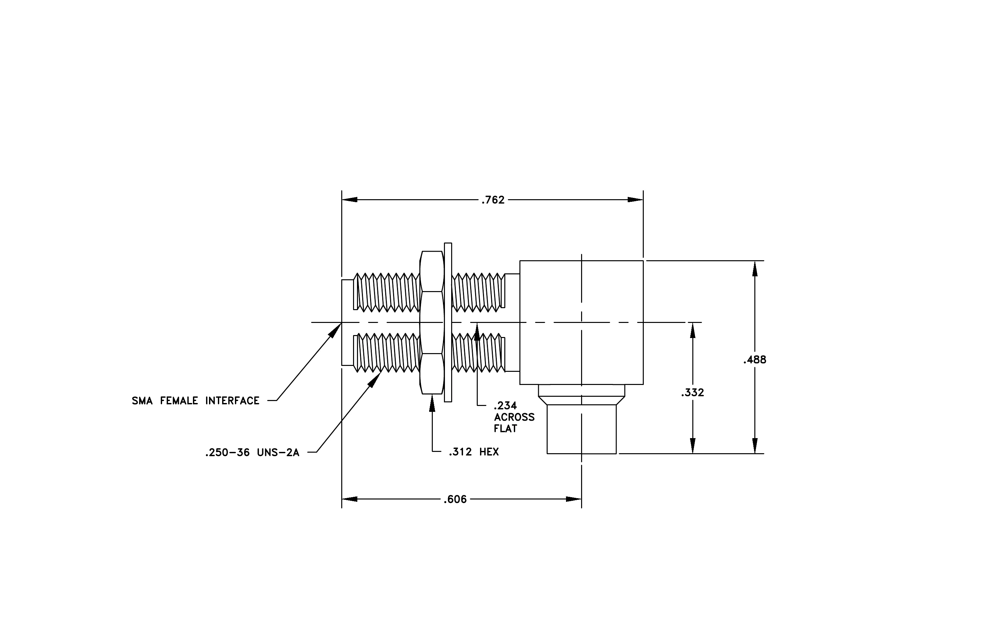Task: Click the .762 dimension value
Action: tap(493, 200)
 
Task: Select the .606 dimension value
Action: tap(455, 499)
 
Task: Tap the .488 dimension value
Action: tap(755, 360)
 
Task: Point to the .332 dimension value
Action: tap(693, 392)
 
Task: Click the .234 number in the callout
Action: tap(505, 406)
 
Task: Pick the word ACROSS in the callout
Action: tap(514, 417)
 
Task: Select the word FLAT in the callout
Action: tap(505, 429)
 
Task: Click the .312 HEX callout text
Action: tap(474, 452)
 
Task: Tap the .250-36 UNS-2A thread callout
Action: tap(252, 453)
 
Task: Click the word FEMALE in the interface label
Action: tap(179, 401)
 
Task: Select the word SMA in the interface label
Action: tap(142, 401)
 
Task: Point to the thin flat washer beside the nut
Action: tap(448, 322)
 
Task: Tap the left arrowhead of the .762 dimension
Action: tap(349, 200)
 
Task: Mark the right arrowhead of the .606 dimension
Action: tap(574, 499)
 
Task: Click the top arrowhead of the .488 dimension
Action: tap(755, 268)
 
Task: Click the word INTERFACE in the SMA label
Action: tap(233, 401)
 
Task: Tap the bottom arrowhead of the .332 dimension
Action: tap(693, 446)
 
